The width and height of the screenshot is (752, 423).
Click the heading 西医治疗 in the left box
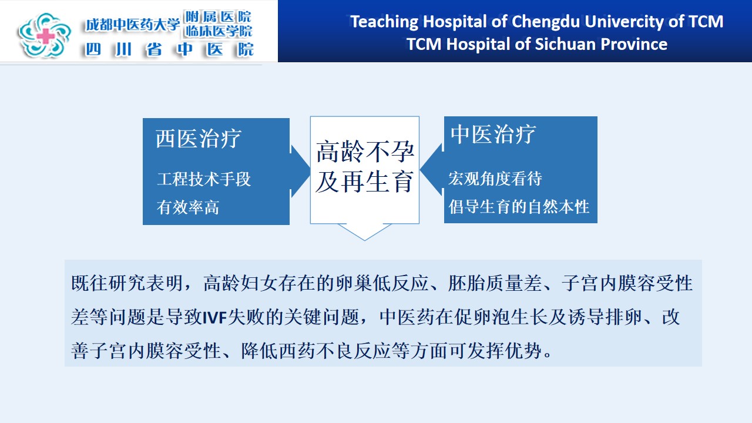pyautogui.click(x=199, y=138)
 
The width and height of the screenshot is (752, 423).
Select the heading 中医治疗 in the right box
pyautogui.click(x=493, y=134)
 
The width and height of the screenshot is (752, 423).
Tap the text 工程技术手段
pyautogui.click(x=204, y=179)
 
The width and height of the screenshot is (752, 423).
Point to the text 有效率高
pyautogui.click(x=188, y=207)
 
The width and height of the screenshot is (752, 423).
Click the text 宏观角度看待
pyautogui.click(x=495, y=178)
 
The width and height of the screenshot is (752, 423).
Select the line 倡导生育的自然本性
pyautogui.click(x=519, y=206)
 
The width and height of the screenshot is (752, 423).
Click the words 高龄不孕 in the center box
pyautogui.click(x=365, y=152)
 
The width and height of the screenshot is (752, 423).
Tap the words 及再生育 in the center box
pyautogui.click(x=365, y=182)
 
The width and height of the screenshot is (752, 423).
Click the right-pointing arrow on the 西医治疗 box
pyautogui.click(x=300, y=171)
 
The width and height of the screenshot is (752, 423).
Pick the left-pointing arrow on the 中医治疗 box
pyautogui.click(x=432, y=169)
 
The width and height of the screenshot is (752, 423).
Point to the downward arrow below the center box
pyautogui.click(x=365, y=232)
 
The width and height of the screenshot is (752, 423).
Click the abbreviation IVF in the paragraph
pyautogui.click(x=215, y=317)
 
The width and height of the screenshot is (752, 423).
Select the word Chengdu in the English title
pyautogui.click(x=546, y=22)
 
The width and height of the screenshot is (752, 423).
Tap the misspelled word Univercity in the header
pyautogui.click(x=624, y=22)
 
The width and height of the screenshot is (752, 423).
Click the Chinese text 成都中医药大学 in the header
pyautogui.click(x=133, y=25)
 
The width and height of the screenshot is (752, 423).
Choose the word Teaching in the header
pyautogui.click(x=384, y=22)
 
